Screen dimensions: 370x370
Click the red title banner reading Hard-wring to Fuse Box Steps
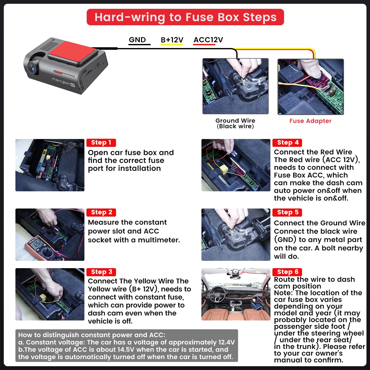click(x=185, y=17)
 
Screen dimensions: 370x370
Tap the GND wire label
click(x=137, y=40)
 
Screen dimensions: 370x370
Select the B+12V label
click(x=172, y=40)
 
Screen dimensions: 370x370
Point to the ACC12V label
click(x=208, y=40)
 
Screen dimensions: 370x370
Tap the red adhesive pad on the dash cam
click(x=72, y=52)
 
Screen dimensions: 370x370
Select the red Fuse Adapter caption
click(x=310, y=121)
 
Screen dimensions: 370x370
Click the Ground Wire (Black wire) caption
click(x=235, y=123)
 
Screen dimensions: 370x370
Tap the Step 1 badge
click(x=101, y=143)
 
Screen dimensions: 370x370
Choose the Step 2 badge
click(x=101, y=212)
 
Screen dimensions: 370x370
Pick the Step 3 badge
click(x=101, y=272)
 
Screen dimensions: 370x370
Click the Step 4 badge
click(x=287, y=143)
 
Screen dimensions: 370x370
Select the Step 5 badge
click(x=287, y=212)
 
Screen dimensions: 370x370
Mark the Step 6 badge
click(x=287, y=272)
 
